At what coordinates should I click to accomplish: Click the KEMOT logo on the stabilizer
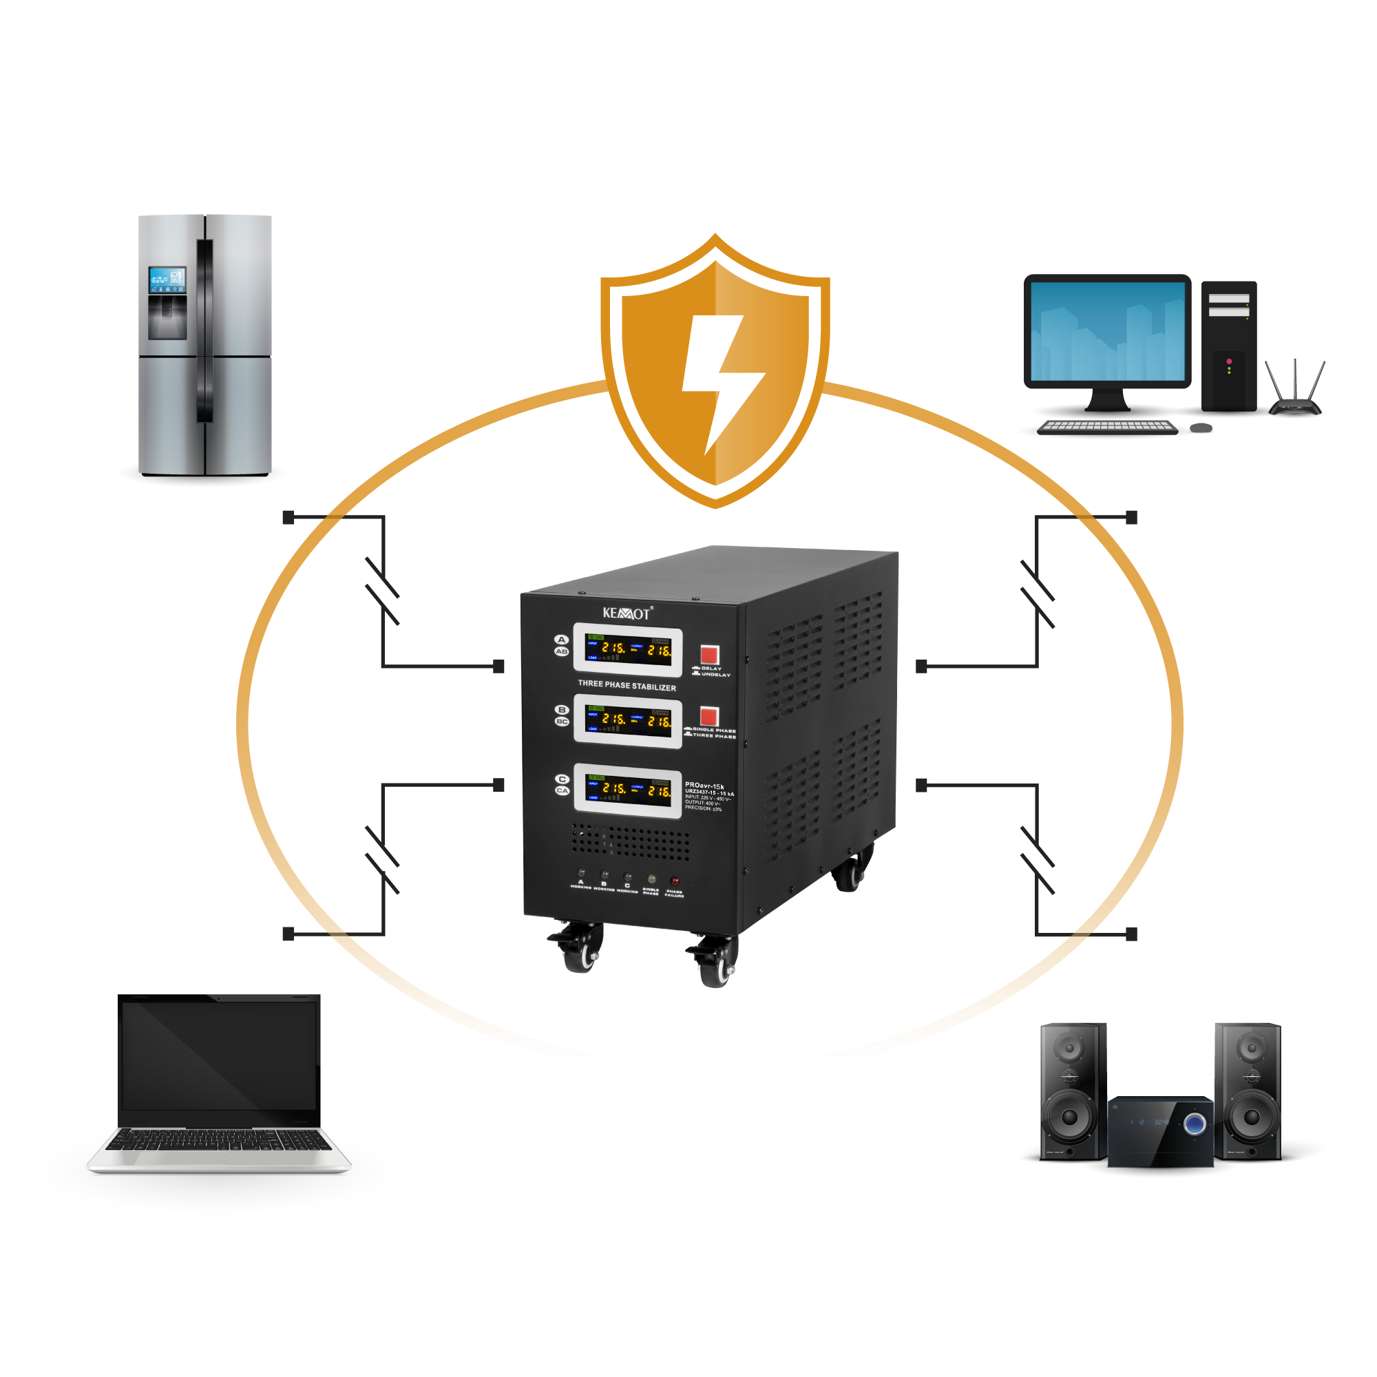tap(627, 613)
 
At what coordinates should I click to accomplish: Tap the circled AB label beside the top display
tap(562, 651)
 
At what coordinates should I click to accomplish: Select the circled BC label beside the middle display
tap(562, 722)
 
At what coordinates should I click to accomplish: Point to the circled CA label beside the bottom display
tap(562, 790)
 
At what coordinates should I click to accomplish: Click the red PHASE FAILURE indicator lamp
tap(674, 881)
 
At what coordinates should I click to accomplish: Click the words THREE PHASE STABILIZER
tap(627, 686)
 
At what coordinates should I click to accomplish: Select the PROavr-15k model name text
tap(704, 786)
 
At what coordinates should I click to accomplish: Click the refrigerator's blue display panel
tap(167, 281)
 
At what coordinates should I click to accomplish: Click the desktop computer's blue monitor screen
tap(1107, 331)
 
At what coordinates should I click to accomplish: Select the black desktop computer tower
tap(1229, 346)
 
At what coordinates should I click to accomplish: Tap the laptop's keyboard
tap(218, 1139)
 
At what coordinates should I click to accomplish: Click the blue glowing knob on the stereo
tap(1195, 1125)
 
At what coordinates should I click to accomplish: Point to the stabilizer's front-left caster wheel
tap(579, 953)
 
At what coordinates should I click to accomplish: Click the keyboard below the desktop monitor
tap(1107, 427)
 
